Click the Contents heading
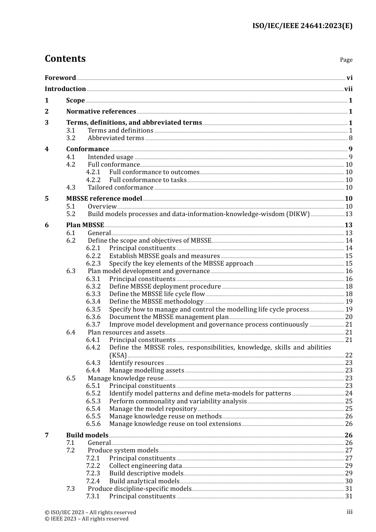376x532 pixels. (x=65, y=59)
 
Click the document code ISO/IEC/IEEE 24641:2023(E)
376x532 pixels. (x=302, y=26)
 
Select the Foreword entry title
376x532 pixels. (x=60, y=78)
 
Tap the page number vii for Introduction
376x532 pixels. (x=348, y=89)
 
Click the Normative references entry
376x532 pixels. (x=101, y=112)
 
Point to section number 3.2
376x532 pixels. (x=71, y=138)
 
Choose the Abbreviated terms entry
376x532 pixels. (x=116, y=138)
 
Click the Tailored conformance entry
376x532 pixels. (x=120, y=188)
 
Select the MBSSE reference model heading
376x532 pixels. (x=104, y=199)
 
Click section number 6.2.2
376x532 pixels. (x=93, y=256)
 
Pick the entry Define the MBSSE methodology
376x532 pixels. (x=156, y=302)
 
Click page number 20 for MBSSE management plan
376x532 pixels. (x=349, y=317)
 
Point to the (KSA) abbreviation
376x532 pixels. (x=118, y=355)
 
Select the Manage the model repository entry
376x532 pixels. (x=153, y=409)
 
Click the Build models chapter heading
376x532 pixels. (x=87, y=435)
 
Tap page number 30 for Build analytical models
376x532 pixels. (x=349, y=481)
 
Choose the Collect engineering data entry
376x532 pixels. (x=145, y=466)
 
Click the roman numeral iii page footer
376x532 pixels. (x=349, y=512)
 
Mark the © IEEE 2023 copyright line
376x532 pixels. (x=87, y=519)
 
